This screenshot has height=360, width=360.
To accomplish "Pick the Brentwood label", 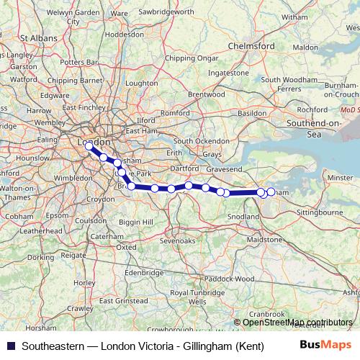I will [x=205, y=94].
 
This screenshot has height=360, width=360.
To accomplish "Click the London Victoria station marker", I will [x=89, y=145].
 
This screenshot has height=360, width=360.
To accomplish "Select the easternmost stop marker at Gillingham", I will [x=271, y=192].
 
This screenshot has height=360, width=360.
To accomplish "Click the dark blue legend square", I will [x=8, y=345].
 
